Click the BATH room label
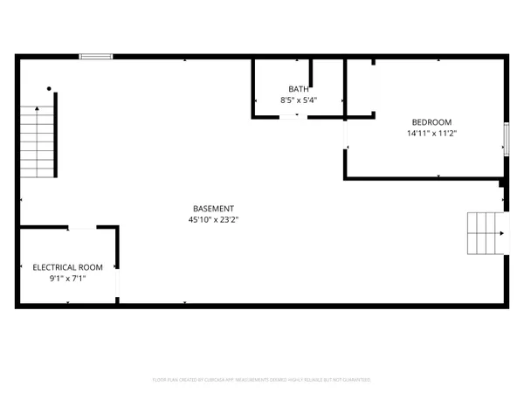tap(299, 89)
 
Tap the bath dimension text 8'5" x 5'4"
tap(299, 100)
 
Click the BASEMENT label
tap(213, 209)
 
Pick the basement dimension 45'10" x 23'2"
tap(213, 220)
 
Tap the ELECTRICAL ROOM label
tap(68, 267)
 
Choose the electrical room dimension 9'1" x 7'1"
tap(68, 279)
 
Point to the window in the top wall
tap(96, 57)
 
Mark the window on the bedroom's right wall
tap(506, 137)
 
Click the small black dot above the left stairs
tap(49, 89)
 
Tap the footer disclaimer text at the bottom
tap(262, 380)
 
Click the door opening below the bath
tap(293, 116)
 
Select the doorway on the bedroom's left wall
tap(346, 134)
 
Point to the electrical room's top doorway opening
tap(81, 228)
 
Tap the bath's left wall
tap(253, 87)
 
